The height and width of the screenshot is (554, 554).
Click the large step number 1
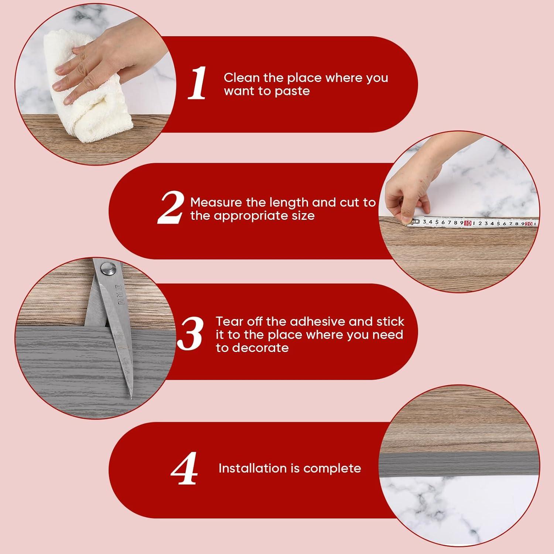tap(197, 83)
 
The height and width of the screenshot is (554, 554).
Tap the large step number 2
tap(170, 208)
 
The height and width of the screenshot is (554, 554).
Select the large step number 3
tap(190, 334)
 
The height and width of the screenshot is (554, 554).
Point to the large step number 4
tap(184, 468)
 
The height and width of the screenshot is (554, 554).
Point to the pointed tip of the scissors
tap(130, 398)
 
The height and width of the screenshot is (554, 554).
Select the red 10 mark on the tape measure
tap(468, 223)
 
